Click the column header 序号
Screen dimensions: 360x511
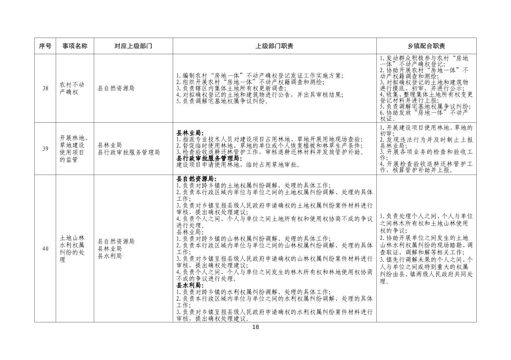pos(45,46)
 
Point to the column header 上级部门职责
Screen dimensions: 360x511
pos(274,46)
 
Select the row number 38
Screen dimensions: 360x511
pos(45,88)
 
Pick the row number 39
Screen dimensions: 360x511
pos(45,149)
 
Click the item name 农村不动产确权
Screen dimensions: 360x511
pos(72,88)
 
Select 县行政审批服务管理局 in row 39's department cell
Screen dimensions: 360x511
pos(128,152)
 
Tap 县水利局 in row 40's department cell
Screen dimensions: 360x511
pos(109,256)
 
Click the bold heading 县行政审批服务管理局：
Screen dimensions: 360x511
pos(208,158)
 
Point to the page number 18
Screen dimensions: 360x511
pos(255,327)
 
